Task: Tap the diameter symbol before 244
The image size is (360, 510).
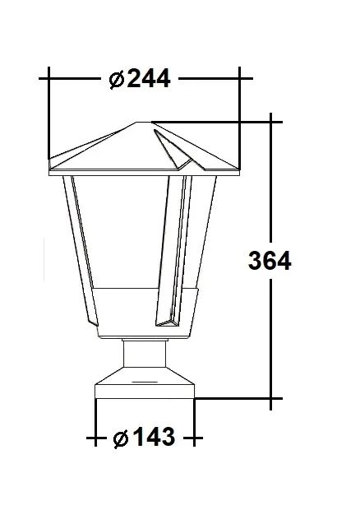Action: coord(117,79)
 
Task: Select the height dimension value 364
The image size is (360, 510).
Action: coord(270,261)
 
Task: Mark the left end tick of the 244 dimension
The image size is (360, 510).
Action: coord(49,79)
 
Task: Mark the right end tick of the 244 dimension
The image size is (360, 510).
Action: coord(240,79)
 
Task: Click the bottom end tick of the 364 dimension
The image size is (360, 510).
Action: coord(272,400)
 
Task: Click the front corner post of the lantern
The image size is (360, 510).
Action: coord(171,247)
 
